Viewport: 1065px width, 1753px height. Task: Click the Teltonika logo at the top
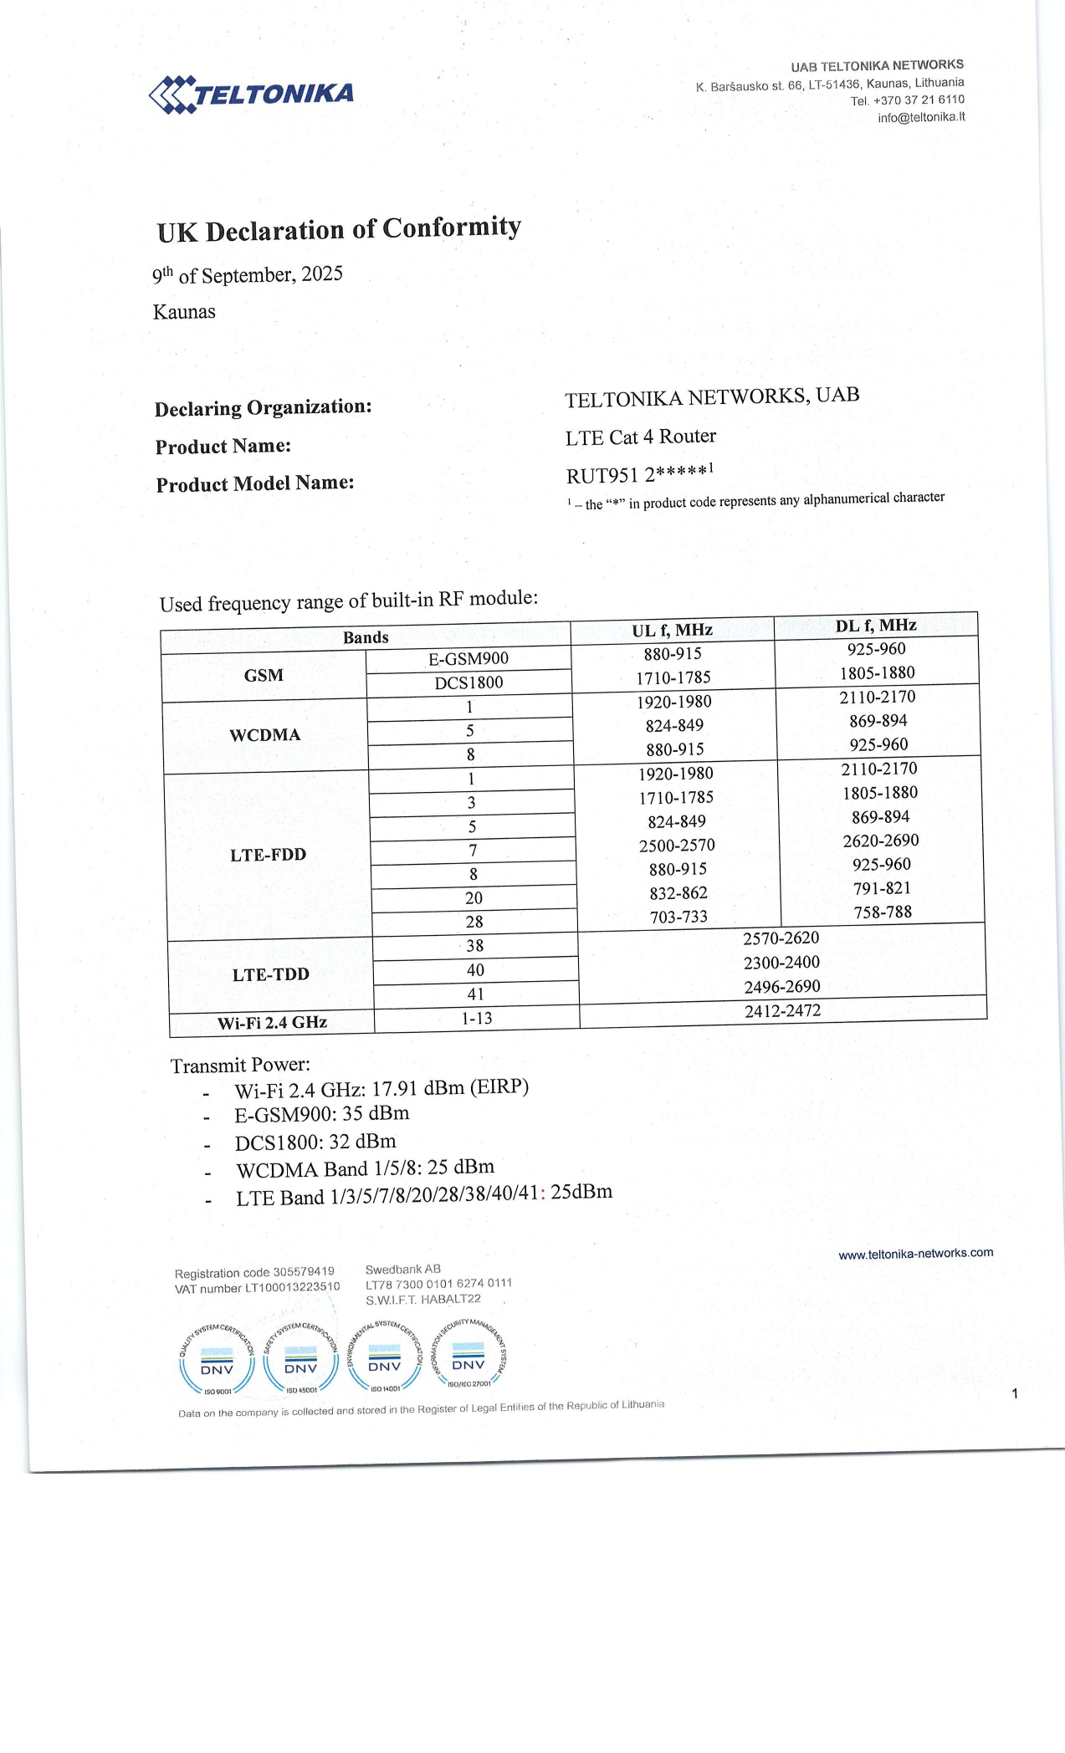tap(251, 94)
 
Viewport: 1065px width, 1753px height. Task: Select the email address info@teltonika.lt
tap(920, 117)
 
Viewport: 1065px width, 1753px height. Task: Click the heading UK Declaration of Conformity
tap(339, 229)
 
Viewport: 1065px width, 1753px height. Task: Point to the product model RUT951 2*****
tap(637, 475)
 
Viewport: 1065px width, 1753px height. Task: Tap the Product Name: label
tap(223, 447)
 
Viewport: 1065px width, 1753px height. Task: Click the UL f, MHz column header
tap(672, 630)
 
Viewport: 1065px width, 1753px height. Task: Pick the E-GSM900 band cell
tap(468, 659)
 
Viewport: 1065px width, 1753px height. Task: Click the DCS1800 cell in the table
tap(468, 682)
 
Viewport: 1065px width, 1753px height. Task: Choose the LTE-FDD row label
tap(268, 855)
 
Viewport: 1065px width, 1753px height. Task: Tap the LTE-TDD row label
tap(270, 974)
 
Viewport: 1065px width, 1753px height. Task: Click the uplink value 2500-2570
tap(677, 846)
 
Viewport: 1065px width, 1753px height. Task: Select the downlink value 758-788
tap(883, 912)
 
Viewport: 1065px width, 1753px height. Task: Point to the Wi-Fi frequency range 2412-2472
tap(782, 1011)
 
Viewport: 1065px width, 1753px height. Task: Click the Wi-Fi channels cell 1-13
tap(477, 1019)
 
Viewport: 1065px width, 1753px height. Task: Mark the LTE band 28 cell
tap(474, 922)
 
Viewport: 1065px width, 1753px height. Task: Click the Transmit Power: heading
tap(240, 1066)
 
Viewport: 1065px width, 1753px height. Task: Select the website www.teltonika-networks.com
tap(915, 1254)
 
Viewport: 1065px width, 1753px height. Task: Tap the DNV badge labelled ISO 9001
tap(217, 1360)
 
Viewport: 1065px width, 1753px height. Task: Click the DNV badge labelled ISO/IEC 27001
tap(468, 1355)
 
